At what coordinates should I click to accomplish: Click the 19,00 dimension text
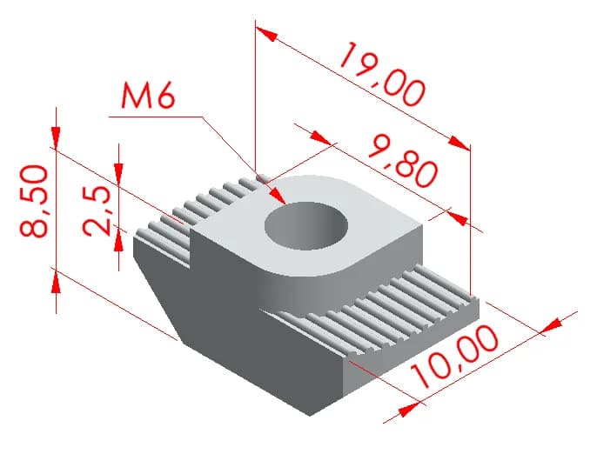[382, 74]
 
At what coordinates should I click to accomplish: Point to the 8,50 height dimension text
[34, 201]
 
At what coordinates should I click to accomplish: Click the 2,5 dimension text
[97, 210]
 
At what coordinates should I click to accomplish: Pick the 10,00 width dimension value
[454, 356]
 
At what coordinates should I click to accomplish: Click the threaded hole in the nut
[306, 225]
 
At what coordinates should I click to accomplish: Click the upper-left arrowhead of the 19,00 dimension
[266, 34]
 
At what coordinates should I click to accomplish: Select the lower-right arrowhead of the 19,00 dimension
[459, 144]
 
